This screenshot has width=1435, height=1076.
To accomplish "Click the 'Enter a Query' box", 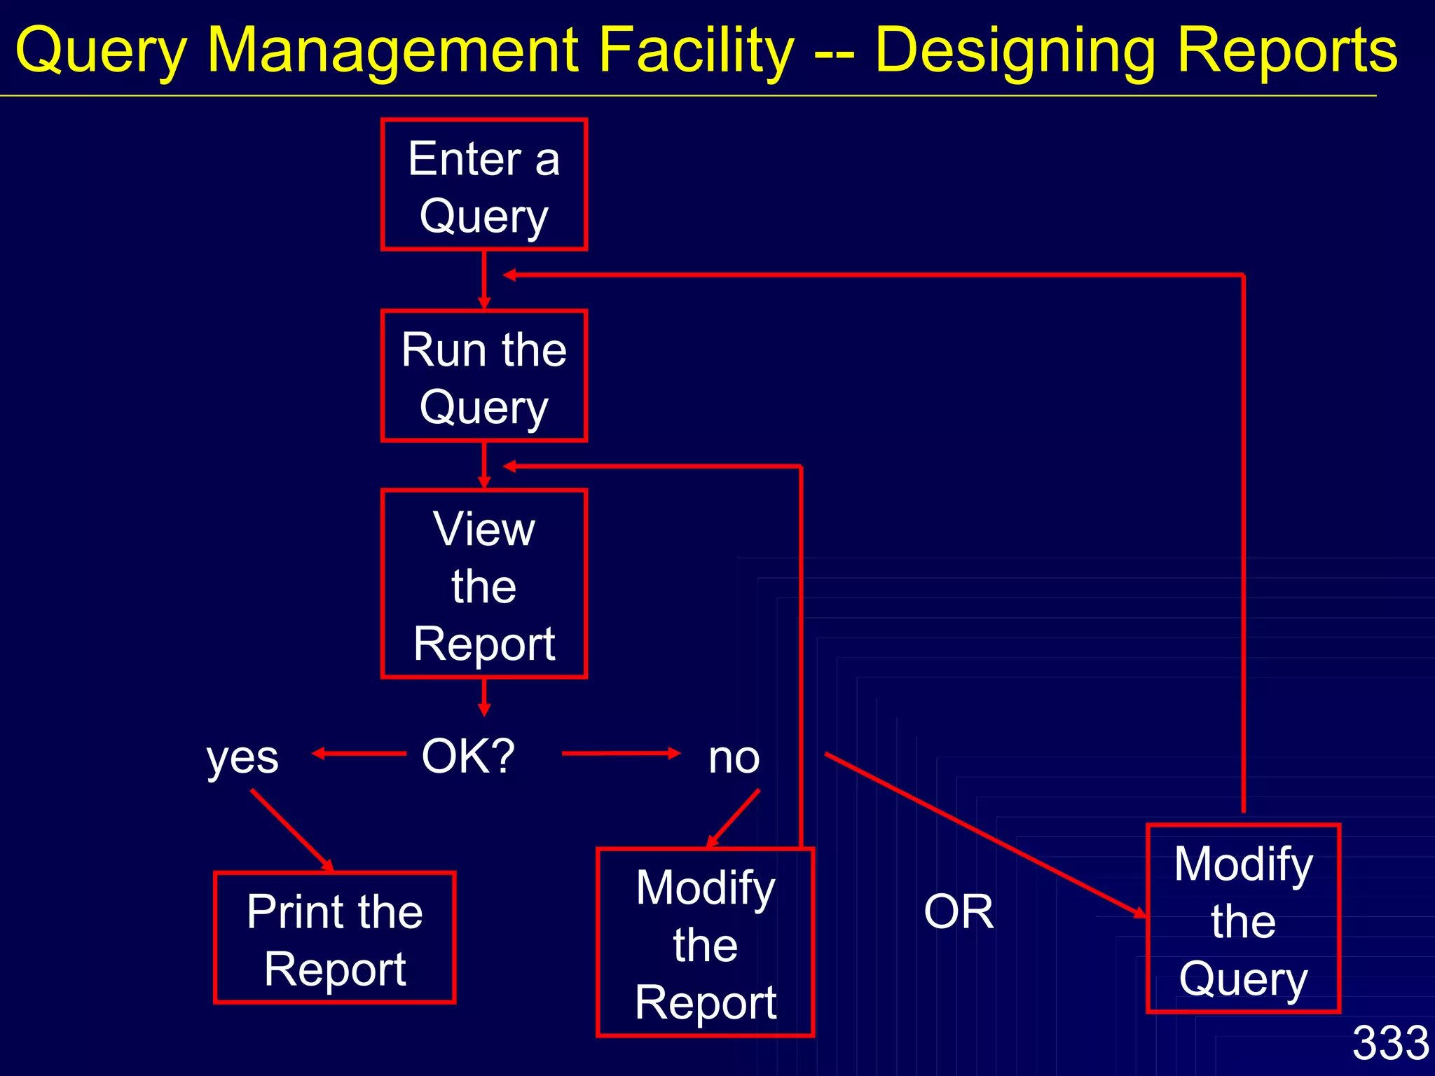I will pos(483,185).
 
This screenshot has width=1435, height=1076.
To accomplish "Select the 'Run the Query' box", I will pos(483,376).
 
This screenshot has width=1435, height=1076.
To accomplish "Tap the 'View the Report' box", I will pos(483,584).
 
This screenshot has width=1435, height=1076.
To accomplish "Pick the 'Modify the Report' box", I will pos(705,943).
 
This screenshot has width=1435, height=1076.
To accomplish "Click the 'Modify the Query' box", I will pos(1243,919).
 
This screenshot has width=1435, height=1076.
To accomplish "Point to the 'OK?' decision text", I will pos(468,757).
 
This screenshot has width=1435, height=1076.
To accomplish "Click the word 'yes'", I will pos(242,758).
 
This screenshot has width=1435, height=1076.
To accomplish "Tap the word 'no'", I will pos(734,758).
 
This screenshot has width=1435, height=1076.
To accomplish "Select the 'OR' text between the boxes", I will pos(959,912).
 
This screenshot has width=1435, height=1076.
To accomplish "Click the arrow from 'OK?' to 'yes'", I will pos(359,754).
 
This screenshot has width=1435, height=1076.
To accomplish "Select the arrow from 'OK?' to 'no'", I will pos(621,754).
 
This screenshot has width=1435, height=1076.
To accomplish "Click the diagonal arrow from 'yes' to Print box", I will pos(291,831).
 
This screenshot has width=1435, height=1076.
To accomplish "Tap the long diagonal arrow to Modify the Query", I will pos(984,834).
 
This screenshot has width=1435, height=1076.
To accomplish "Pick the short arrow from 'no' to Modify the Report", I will pos(733,819).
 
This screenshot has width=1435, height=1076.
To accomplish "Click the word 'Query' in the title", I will pos(101,50).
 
